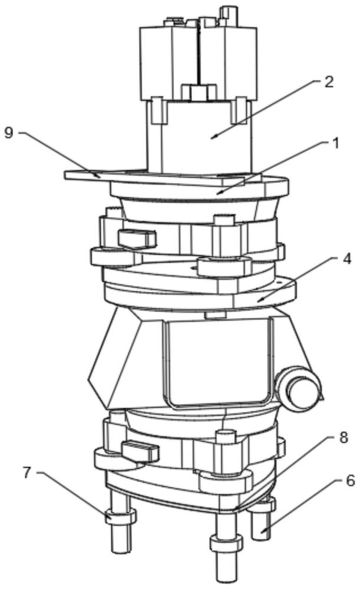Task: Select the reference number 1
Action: [335, 143]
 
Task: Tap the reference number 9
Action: [9, 133]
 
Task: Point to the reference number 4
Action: [347, 259]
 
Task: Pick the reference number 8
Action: [344, 438]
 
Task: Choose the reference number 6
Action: [350, 481]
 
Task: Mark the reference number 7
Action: [27, 473]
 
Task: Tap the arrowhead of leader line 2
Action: [213, 137]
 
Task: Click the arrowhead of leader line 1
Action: [219, 193]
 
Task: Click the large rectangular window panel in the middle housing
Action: [217, 363]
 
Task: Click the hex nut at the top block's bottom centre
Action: [198, 93]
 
